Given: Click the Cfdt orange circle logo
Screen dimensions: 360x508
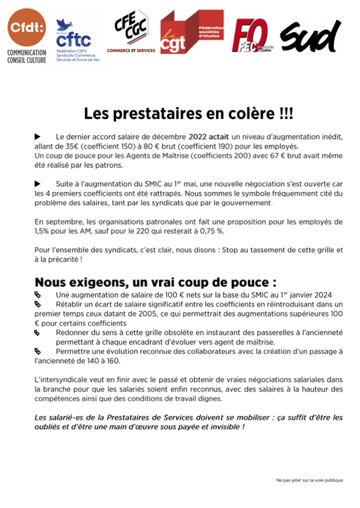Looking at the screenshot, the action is pos(24,26).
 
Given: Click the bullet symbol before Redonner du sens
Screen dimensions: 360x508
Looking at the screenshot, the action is pos(38,333).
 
